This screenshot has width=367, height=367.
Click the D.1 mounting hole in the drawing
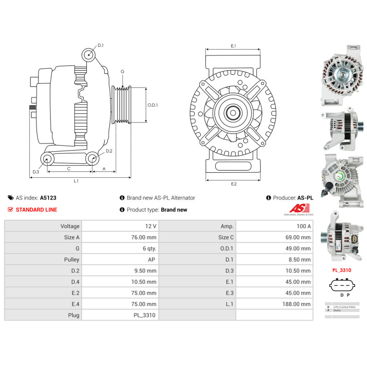click(x=88, y=54)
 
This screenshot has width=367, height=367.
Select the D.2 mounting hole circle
click(x=92, y=159)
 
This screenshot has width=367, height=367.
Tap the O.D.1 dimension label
click(x=152, y=105)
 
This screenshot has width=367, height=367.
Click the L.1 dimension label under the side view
click(x=76, y=181)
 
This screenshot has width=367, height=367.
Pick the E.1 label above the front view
click(x=233, y=46)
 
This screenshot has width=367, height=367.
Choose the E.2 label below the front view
click(x=234, y=184)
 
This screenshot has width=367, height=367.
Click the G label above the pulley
click(x=123, y=72)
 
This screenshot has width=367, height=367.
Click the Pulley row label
click(x=43, y=259)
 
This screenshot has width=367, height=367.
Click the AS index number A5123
click(x=48, y=198)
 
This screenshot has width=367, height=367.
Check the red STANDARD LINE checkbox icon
click(x=10, y=210)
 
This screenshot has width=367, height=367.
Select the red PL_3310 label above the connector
click(x=342, y=270)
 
